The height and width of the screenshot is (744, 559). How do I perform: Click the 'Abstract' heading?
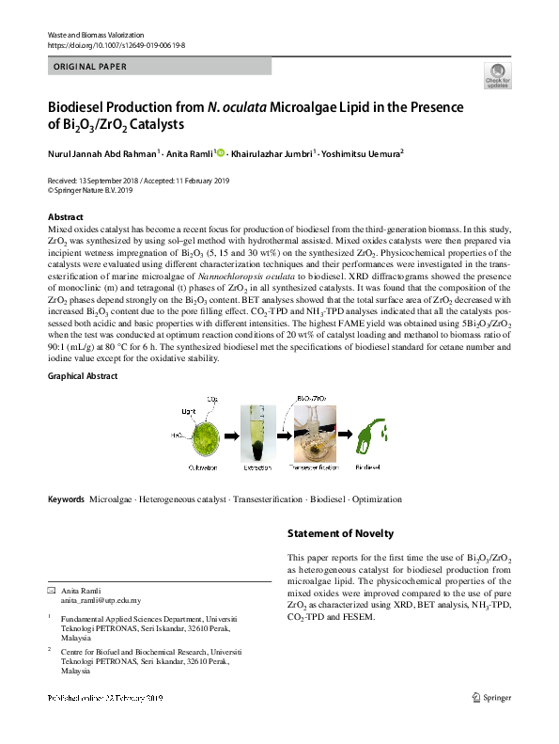65,217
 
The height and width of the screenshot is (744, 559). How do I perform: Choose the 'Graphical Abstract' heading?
83,376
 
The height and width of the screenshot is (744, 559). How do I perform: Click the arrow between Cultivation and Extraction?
233,437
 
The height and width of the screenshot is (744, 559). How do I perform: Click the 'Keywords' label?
66,499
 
